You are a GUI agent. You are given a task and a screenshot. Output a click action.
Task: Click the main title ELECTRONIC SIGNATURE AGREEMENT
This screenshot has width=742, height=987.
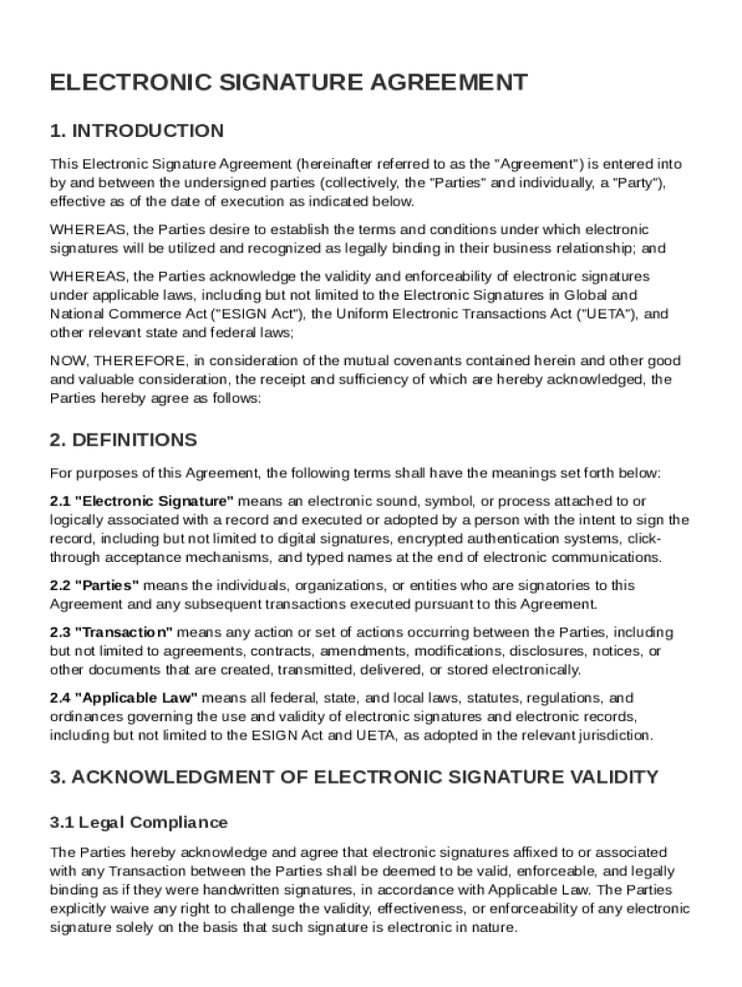coord(288,83)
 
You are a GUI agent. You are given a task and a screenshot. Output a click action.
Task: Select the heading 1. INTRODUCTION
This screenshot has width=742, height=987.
coord(137,131)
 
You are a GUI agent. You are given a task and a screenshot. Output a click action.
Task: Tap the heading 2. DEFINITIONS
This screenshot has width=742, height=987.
coord(123,440)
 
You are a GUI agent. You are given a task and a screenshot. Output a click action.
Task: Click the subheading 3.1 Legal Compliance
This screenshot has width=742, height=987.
coord(139,822)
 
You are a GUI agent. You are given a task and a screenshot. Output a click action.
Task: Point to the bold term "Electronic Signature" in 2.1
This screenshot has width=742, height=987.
coord(154,501)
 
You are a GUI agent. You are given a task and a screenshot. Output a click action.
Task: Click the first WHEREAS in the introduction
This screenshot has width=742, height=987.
coord(88,229)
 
